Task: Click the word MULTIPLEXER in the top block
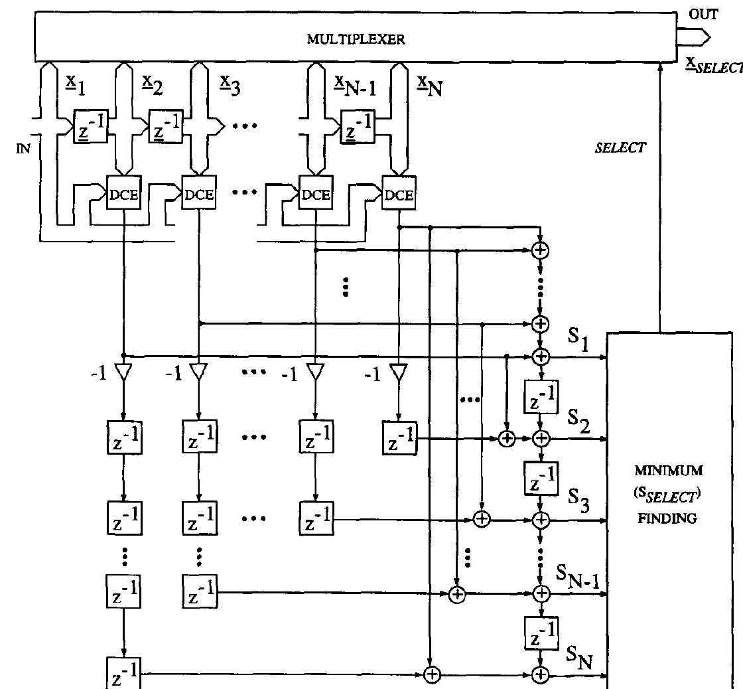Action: pos(356,40)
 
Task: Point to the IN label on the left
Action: pos(23,149)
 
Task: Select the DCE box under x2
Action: pos(199,194)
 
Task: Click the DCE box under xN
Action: pos(399,194)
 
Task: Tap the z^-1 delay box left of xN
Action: pos(357,126)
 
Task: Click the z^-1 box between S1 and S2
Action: pos(541,397)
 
